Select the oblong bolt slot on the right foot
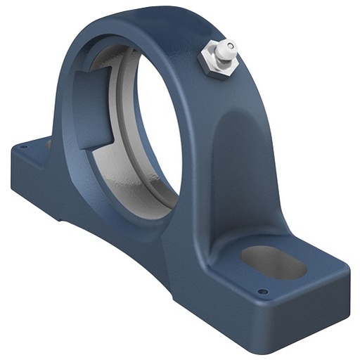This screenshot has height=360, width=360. click(x=273, y=262)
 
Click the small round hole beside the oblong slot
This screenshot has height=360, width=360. click(x=262, y=291)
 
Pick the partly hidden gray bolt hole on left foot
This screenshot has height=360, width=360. click(x=50, y=144)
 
